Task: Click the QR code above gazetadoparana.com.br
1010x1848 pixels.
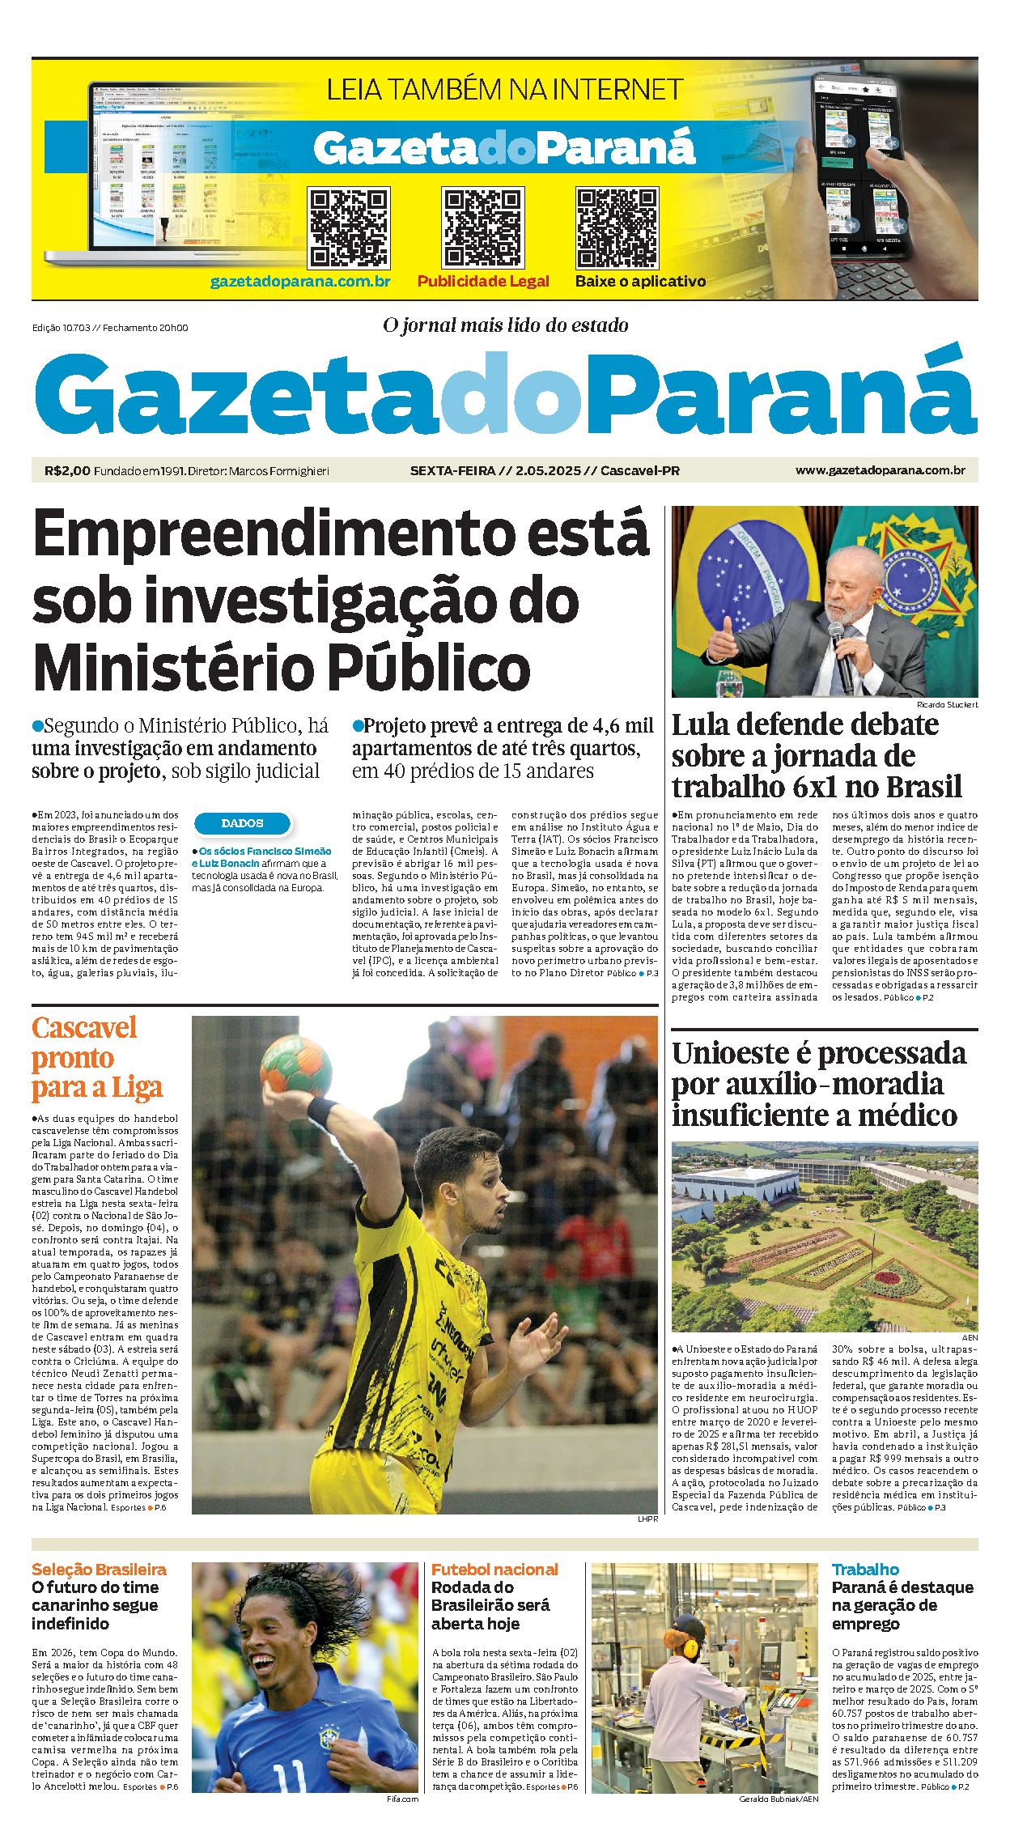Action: (x=349, y=228)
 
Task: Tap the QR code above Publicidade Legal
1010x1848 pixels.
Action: (x=482, y=228)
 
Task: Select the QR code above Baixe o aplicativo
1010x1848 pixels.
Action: (x=617, y=228)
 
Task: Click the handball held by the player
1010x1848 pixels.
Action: (x=296, y=1066)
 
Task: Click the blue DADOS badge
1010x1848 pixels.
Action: (x=242, y=823)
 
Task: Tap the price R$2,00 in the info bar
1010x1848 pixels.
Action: (x=67, y=470)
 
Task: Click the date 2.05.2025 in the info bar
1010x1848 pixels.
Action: (x=548, y=470)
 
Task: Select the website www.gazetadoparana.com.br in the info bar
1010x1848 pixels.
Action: (x=880, y=470)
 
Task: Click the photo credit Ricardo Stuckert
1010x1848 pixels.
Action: (x=947, y=704)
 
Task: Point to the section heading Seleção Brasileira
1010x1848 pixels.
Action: (x=99, y=1570)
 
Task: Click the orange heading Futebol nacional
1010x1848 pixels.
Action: (x=494, y=1570)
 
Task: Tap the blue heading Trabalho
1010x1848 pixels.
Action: (x=865, y=1570)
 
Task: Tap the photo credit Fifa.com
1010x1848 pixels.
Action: (x=402, y=1799)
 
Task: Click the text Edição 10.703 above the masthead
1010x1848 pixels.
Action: (x=60, y=328)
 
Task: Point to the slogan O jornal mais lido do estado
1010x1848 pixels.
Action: (x=505, y=325)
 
